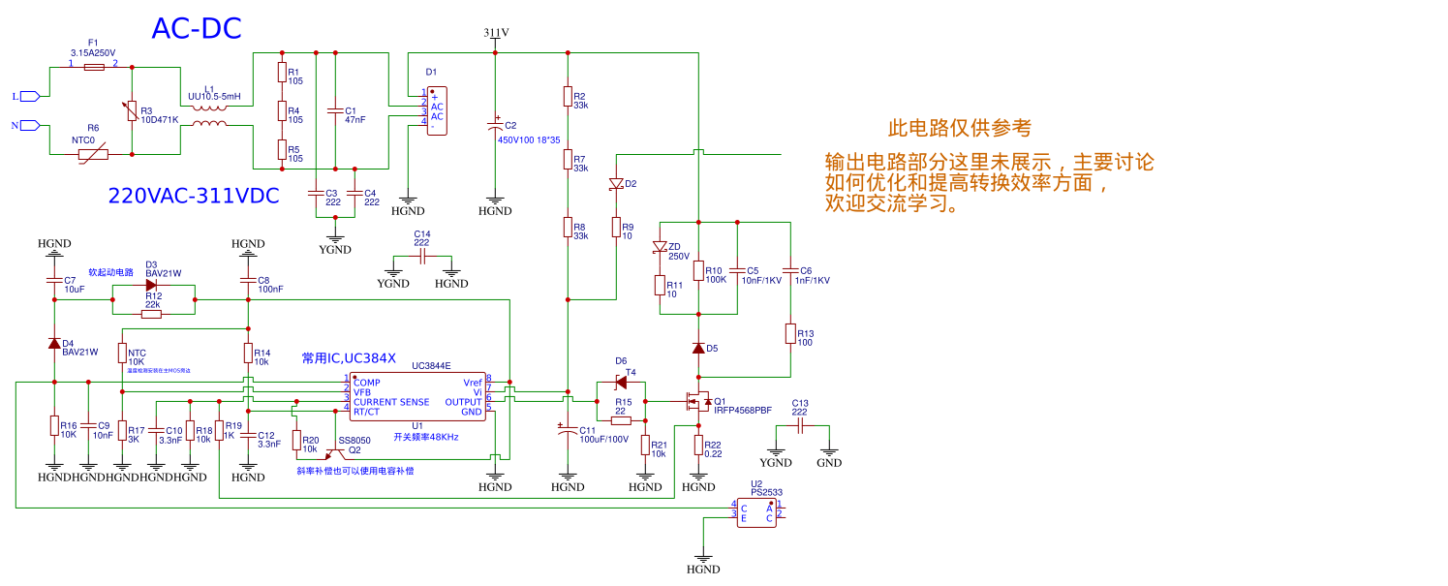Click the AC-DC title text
pos(196,29)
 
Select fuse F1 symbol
pos(94,67)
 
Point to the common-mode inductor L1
pos(209,114)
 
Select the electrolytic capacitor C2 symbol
pos(495,125)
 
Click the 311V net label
pos(496,32)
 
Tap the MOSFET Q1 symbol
pos(694,402)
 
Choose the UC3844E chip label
pos(431,366)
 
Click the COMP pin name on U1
pos(367,383)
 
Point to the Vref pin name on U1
pos(473,383)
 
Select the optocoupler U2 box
pos(755,512)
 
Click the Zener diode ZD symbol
pos(660,248)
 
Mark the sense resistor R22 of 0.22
pos(698,445)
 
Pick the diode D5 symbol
pos(698,348)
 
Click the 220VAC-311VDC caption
pos(194,196)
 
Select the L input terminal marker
pos(29,96)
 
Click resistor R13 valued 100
pos(790,334)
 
